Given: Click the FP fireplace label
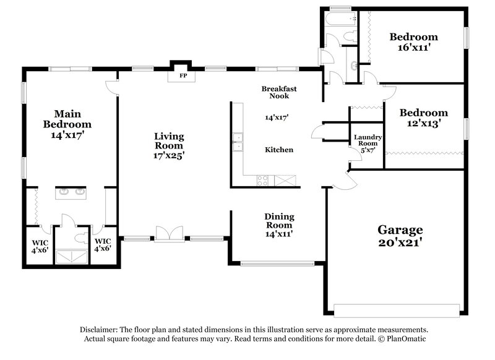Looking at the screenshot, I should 183,75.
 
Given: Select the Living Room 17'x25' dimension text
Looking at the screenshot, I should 169,156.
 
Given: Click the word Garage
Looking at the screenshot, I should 400,229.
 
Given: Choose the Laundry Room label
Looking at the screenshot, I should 367,141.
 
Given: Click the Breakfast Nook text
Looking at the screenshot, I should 278,93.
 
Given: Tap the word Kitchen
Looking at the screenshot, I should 278,150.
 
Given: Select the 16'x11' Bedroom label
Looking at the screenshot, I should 413,37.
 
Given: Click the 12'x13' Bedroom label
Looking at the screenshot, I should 423,113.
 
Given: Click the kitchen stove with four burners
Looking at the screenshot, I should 262,181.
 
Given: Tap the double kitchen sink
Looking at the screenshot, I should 237,141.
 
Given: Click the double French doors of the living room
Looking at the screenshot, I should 169,234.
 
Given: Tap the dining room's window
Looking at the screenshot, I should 277,264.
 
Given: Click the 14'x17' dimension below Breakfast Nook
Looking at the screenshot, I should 277,117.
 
